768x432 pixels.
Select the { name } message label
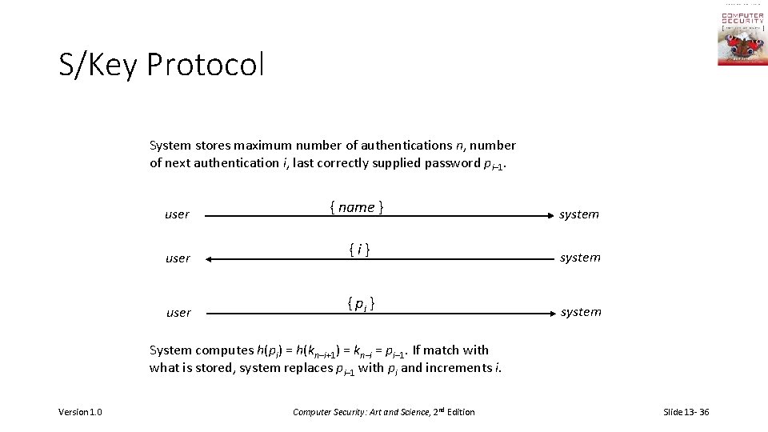(357, 207)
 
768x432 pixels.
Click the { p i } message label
(362, 304)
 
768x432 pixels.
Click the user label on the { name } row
(177, 214)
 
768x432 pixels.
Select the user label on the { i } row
(178, 258)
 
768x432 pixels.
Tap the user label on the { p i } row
(178, 313)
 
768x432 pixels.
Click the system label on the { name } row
(579, 214)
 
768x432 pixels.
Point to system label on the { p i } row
(581, 312)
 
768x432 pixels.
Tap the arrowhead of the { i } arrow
(207, 259)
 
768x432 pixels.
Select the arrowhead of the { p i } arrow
(549, 313)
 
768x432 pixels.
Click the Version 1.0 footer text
(80, 412)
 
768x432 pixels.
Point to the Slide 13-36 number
(686, 412)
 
